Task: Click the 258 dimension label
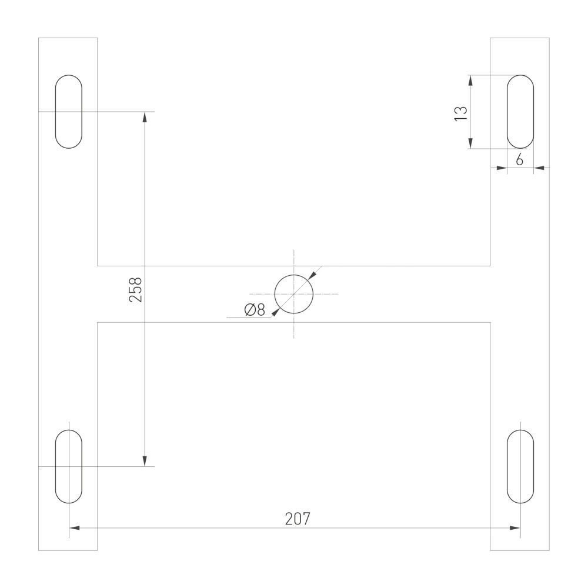point(136,289)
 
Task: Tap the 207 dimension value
point(297,519)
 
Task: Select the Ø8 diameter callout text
point(253,310)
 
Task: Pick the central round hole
point(294,293)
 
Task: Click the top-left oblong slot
point(69,111)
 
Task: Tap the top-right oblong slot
point(520,111)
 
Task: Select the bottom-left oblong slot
point(69,466)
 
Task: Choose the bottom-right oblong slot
point(520,466)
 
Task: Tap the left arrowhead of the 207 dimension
point(75,528)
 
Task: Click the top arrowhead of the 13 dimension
point(470,80)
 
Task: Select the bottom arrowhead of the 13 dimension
point(470,143)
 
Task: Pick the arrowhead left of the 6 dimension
point(502,168)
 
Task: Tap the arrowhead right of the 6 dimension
point(539,168)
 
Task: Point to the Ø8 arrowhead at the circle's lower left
point(276,312)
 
